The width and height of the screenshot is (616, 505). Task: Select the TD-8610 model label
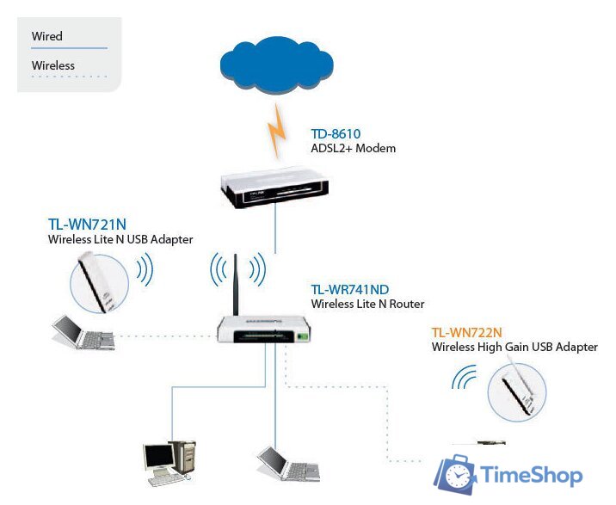336,134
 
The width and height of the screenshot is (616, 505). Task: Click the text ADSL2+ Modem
353,149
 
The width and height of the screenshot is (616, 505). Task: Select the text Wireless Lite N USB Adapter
120,239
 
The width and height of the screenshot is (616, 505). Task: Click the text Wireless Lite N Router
367,304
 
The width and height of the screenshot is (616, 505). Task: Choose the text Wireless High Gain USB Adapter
514,347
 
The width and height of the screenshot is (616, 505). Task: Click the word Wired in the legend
47,36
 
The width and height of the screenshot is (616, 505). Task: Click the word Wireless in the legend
53,65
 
